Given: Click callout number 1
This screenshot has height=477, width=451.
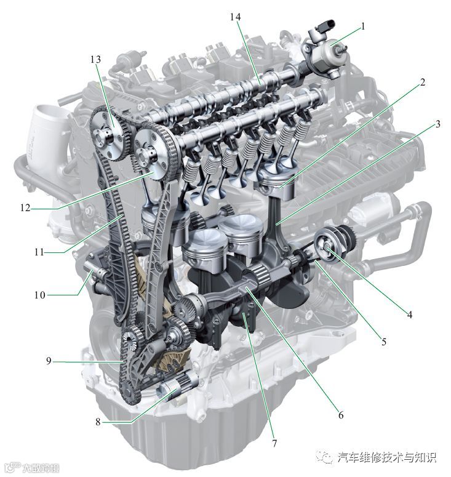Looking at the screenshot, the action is [362, 26].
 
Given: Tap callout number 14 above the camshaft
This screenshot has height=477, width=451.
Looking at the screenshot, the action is [235, 17].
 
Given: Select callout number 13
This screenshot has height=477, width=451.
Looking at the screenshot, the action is [95, 59].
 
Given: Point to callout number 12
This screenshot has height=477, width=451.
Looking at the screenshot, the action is [26, 208].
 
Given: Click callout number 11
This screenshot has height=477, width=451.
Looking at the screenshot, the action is [39, 252].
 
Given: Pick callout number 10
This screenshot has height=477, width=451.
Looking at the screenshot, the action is [40, 295].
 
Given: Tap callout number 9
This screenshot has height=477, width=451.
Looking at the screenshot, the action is [49, 361].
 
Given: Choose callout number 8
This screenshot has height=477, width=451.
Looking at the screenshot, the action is [98, 422].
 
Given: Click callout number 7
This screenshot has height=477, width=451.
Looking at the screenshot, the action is [274, 443].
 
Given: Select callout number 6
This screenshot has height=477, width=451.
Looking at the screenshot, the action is [341, 415].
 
